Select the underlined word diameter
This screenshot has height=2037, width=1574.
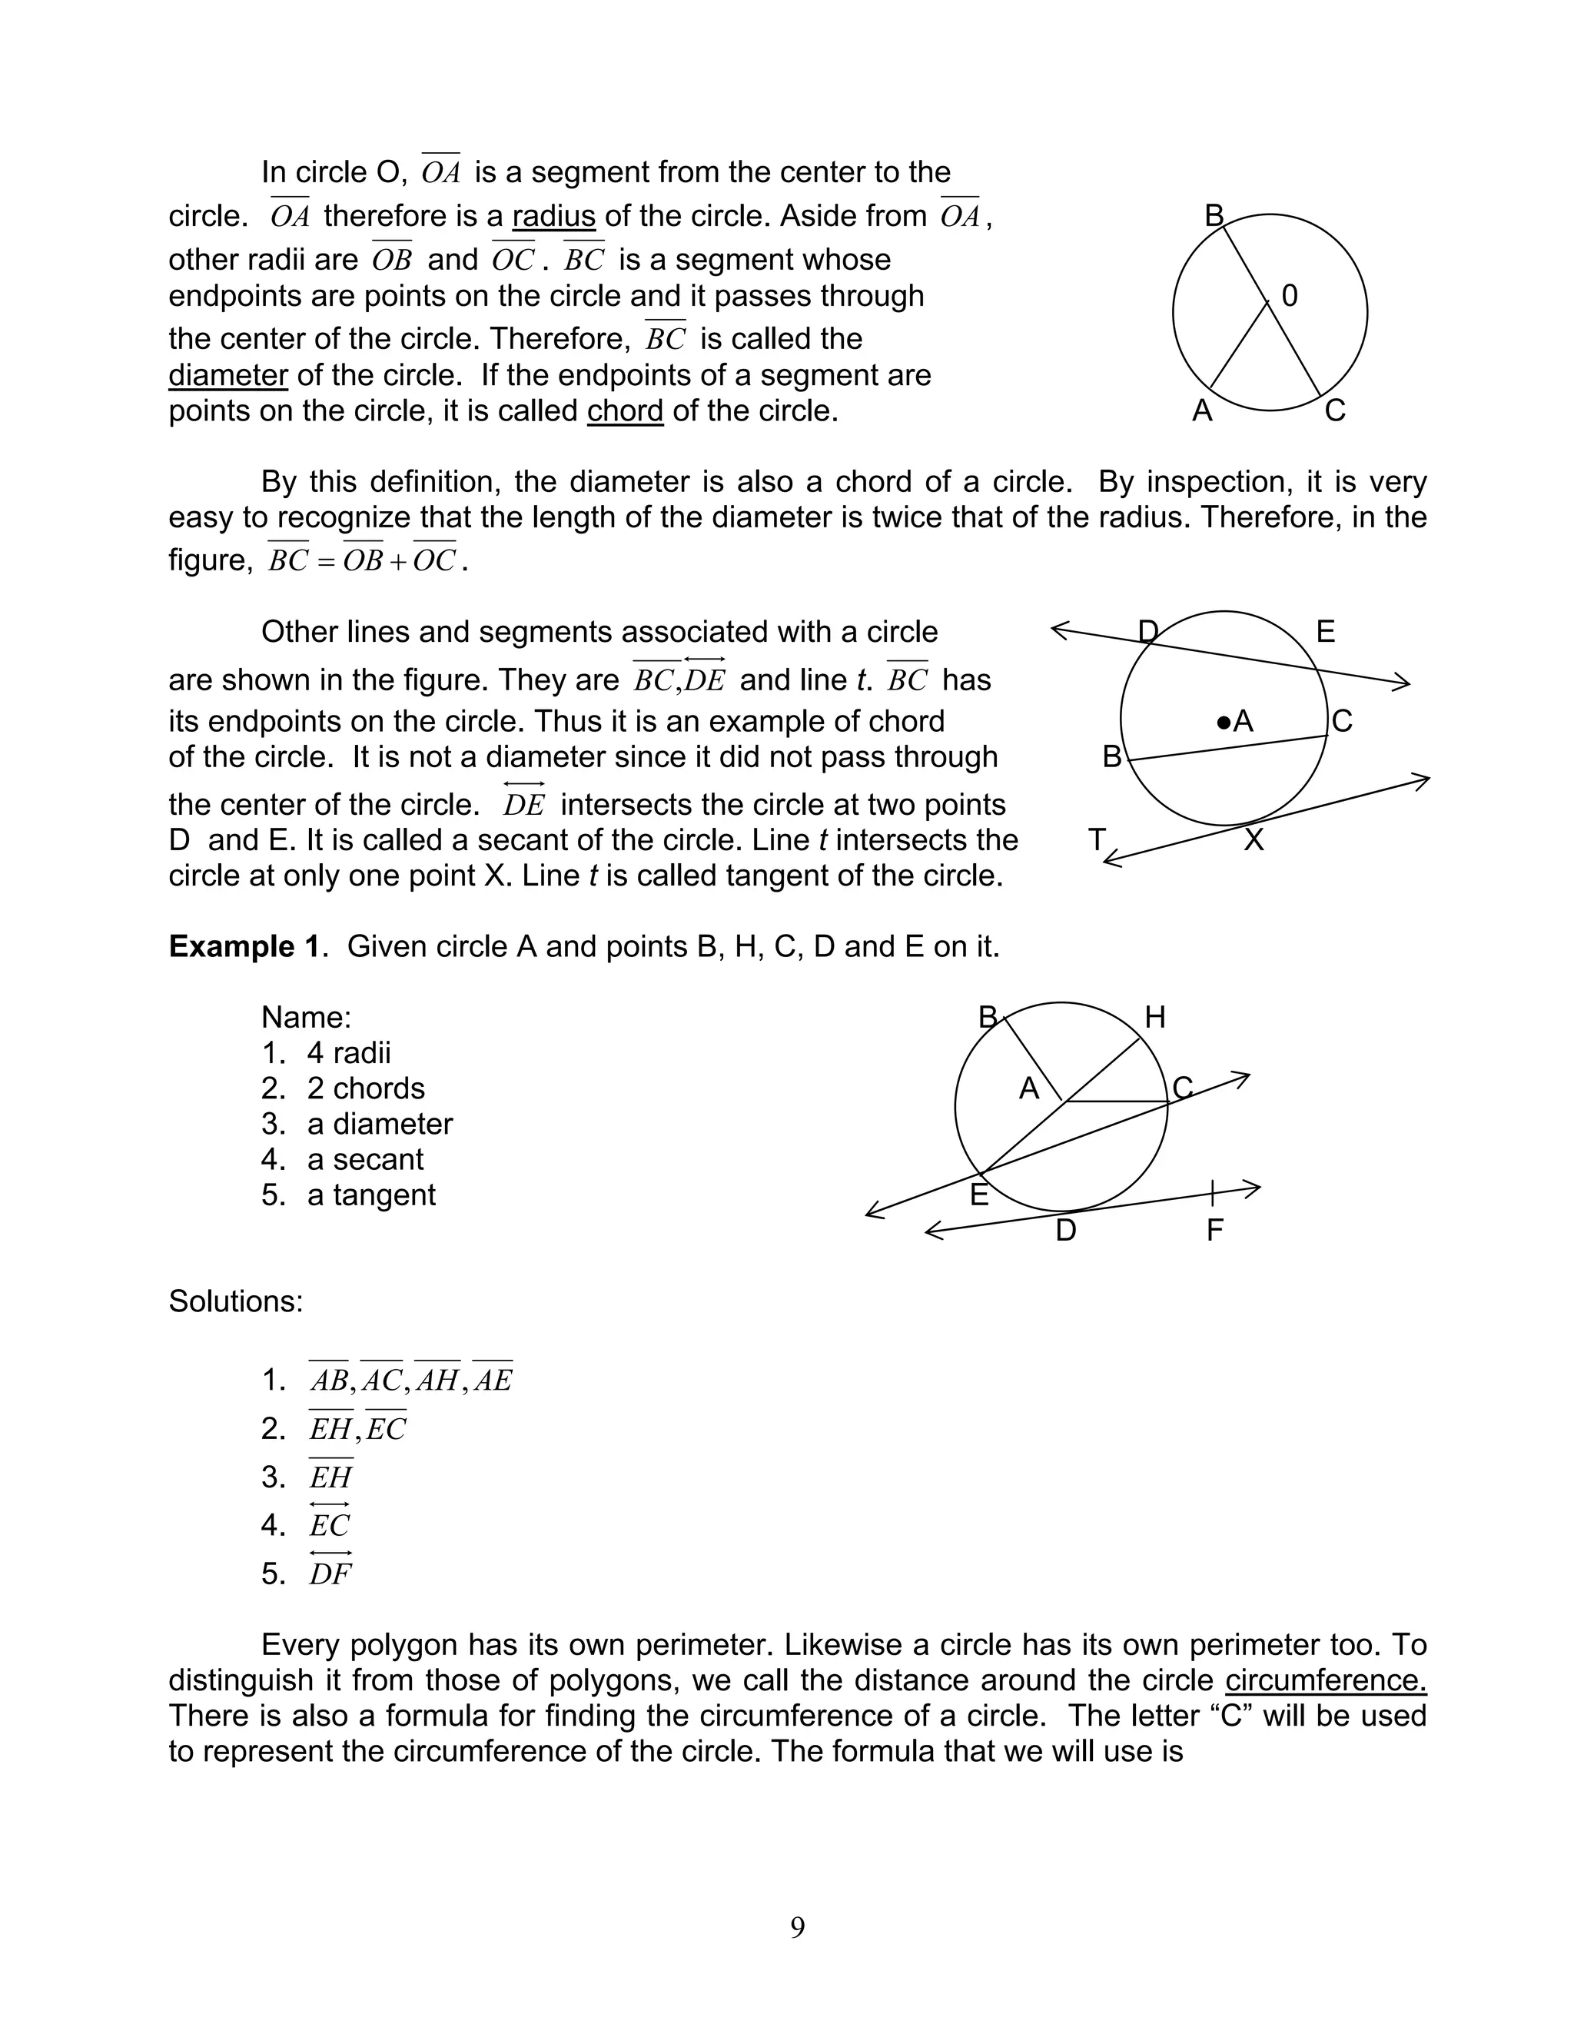pyautogui.click(x=227, y=375)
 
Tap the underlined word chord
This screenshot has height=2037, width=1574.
pyautogui.click(x=625, y=410)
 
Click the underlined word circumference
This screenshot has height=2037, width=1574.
pyautogui.click(x=1325, y=1680)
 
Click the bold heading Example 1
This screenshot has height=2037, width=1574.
pyautogui.click(x=244, y=947)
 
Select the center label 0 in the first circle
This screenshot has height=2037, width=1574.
pyautogui.click(x=1290, y=297)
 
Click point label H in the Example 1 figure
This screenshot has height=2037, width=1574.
pyautogui.click(x=1154, y=1018)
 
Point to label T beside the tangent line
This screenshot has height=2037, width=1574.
pyautogui.click(x=1097, y=839)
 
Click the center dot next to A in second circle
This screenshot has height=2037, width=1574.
pyautogui.click(x=1224, y=721)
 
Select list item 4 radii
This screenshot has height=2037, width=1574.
pyautogui.click(x=349, y=1053)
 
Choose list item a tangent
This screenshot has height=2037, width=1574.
pyautogui.click(x=371, y=1195)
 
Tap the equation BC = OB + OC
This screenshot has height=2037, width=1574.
pyautogui.click(x=362, y=560)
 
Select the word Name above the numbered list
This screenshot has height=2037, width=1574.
pyautogui.click(x=306, y=1017)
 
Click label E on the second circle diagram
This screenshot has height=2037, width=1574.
pyautogui.click(x=1325, y=633)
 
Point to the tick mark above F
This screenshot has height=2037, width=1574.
pyautogui.click(x=1212, y=1192)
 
